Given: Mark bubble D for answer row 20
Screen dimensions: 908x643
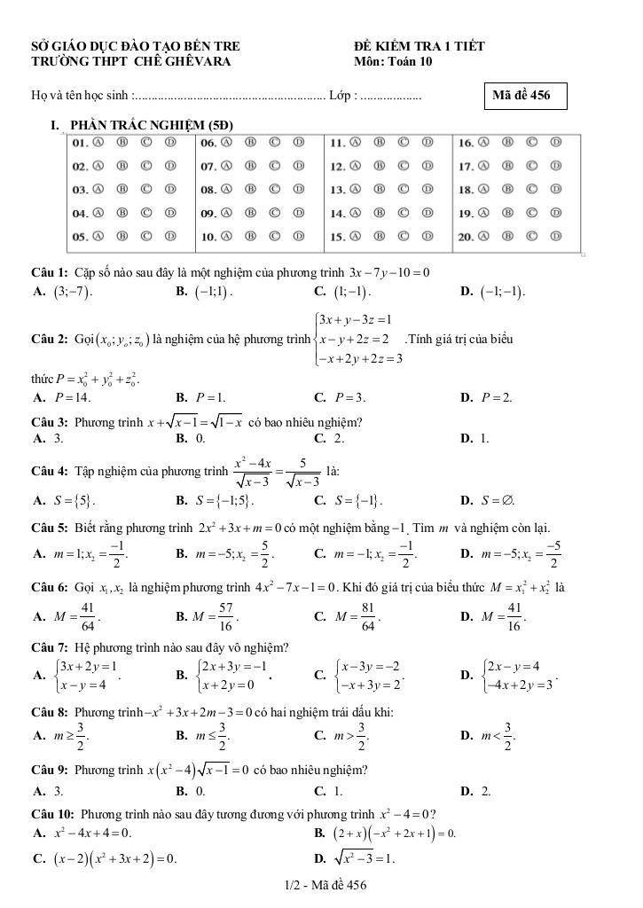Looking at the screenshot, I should [555, 237].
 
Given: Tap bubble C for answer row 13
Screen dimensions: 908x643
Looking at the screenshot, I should [404, 190].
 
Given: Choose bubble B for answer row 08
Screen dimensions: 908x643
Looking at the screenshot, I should [251, 190].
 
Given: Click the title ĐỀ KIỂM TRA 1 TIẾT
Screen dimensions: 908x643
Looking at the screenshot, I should [419, 45].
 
